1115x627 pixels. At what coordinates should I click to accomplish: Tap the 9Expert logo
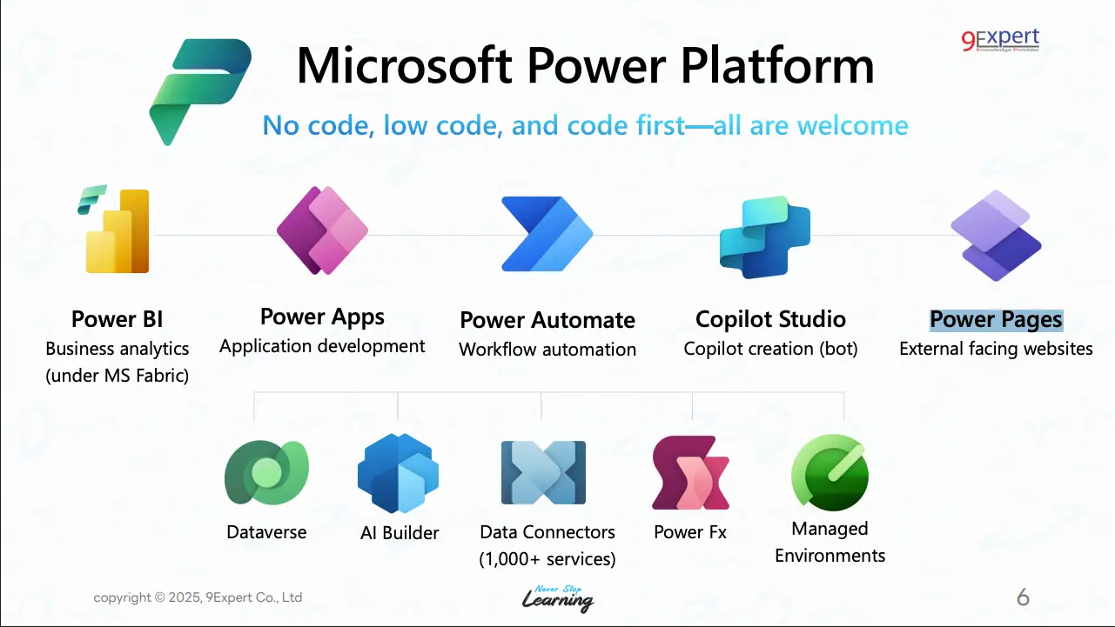[x=1000, y=40]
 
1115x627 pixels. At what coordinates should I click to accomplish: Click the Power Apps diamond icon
[x=323, y=230]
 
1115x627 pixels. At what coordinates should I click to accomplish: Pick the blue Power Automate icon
[x=547, y=234]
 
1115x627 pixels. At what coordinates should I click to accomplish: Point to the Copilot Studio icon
[x=765, y=237]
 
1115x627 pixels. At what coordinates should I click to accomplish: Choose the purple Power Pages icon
[x=996, y=236]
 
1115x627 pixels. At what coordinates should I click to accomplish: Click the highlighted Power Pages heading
[x=996, y=319]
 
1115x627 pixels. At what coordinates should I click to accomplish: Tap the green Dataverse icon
[x=267, y=472]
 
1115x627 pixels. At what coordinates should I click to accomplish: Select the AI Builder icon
[x=399, y=473]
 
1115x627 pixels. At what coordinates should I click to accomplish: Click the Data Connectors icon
[x=543, y=472]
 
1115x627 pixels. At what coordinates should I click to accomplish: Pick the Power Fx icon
[x=690, y=473]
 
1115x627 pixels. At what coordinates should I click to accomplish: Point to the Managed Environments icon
[x=830, y=472]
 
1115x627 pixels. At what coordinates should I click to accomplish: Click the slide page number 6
[x=1023, y=597]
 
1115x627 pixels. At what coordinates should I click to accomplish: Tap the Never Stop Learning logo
[x=558, y=598]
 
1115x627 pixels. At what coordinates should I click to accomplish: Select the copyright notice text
[x=198, y=597]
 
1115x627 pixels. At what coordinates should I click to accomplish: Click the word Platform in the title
[x=777, y=65]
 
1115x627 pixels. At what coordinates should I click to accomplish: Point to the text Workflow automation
[x=547, y=350]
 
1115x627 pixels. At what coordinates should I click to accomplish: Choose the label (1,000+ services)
[x=547, y=559]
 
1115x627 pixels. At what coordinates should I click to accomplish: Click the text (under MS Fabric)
[x=117, y=376]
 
